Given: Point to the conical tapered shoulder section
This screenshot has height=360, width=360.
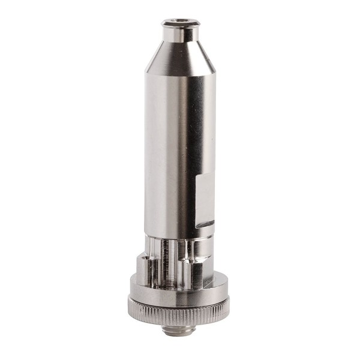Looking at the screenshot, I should pos(180,57).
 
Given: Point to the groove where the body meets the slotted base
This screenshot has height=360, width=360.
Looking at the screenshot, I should pos(180,236).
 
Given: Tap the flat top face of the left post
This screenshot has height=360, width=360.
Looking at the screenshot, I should pos(144,257).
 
